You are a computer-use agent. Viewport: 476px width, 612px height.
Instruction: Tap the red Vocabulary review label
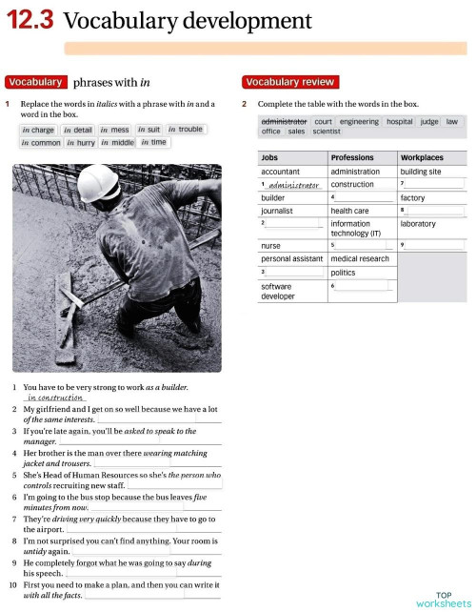click(x=288, y=82)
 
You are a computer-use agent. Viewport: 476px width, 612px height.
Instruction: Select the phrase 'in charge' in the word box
click(x=38, y=130)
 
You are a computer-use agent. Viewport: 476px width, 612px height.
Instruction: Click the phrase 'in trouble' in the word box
click(x=186, y=130)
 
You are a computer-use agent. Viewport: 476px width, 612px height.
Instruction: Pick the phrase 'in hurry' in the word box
click(x=81, y=143)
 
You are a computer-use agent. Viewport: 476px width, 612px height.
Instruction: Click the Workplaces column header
click(x=422, y=157)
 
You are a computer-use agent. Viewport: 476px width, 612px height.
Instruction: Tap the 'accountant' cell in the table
click(x=281, y=172)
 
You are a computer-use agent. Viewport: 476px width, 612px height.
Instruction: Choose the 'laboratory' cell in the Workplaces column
click(x=419, y=224)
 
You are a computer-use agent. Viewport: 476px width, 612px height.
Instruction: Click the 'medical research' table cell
click(x=360, y=258)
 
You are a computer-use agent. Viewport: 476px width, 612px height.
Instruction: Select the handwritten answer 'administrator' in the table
click(x=291, y=185)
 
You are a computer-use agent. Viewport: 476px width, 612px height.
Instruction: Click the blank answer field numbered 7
click(x=434, y=184)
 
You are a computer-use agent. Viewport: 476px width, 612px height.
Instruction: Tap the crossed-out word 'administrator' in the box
click(x=284, y=122)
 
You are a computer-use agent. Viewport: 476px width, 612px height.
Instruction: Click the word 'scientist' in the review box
click(x=327, y=133)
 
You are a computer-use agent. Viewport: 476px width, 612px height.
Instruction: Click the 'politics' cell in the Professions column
click(x=344, y=273)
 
